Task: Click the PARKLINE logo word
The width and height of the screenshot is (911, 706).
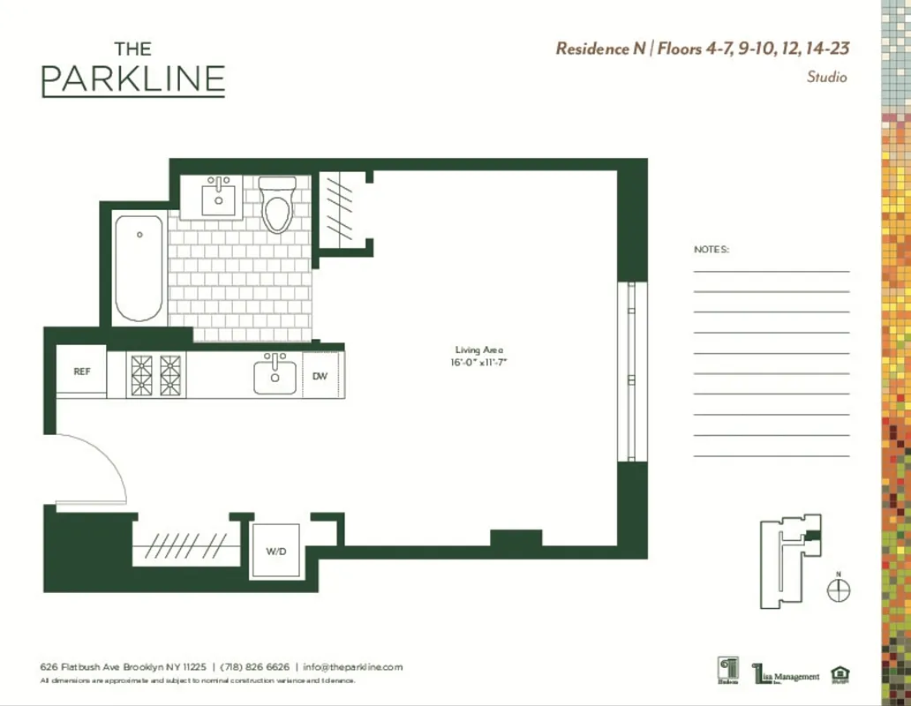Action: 132,80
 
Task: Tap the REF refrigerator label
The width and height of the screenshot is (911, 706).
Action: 81,372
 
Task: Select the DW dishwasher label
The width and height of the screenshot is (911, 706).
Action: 320,376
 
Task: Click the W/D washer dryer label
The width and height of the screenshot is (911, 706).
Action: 275,551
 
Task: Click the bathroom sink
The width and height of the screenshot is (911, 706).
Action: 217,198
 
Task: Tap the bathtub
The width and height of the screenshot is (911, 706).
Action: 139,267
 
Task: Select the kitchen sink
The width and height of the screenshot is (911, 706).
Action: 275,375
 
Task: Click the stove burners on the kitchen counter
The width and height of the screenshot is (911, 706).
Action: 155,375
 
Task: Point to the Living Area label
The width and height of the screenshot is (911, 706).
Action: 478,350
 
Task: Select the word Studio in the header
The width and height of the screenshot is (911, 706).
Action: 826,77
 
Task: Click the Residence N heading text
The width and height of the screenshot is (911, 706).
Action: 599,49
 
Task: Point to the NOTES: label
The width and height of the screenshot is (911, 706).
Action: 711,250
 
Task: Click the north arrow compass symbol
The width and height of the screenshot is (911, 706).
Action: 839,590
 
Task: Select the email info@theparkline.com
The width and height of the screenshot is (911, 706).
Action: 352,667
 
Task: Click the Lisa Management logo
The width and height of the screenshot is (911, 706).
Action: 786,674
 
